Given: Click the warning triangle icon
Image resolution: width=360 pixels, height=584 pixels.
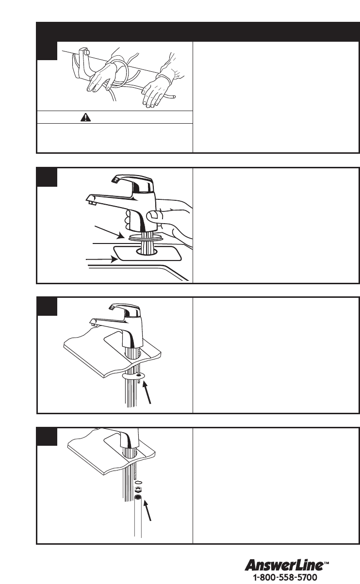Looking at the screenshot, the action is (x=85, y=117).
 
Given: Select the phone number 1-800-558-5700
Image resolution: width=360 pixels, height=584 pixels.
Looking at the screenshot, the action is (x=285, y=577).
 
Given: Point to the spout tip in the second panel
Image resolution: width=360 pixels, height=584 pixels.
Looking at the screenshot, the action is (x=91, y=201).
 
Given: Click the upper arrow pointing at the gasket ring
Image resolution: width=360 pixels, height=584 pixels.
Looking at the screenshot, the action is (x=109, y=232).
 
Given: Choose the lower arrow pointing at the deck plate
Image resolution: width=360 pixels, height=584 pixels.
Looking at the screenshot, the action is (x=101, y=260).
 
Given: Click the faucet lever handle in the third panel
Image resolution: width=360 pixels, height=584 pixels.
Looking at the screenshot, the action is (x=125, y=309).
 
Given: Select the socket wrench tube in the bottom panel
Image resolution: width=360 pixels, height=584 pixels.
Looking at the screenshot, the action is (x=138, y=515).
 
